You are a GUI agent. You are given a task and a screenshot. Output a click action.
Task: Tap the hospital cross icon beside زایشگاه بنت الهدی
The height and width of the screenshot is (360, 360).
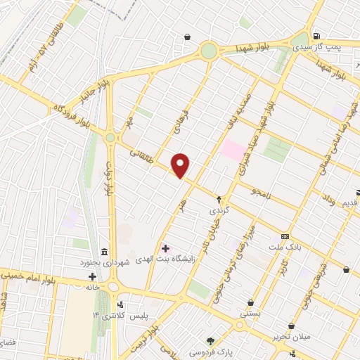(165, 247)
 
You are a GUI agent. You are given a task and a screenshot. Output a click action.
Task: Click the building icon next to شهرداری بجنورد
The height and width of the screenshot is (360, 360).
(104, 252)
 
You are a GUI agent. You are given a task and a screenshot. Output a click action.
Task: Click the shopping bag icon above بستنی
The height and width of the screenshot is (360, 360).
(250, 303)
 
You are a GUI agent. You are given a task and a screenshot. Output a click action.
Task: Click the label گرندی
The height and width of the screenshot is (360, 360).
(218, 210)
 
